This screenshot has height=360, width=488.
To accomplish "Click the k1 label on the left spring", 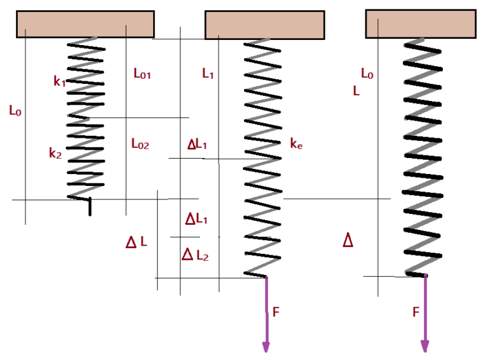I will [x=59, y=81].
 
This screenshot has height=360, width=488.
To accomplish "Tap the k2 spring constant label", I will [x=55, y=152].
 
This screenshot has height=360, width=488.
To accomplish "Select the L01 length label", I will [x=142, y=74].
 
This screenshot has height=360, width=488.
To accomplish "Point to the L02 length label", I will [x=140, y=144].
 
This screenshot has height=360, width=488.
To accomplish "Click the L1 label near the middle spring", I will [x=208, y=74].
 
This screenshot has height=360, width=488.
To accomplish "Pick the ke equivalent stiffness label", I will [x=295, y=144].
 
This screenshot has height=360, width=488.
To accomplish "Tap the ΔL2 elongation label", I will [x=195, y=255].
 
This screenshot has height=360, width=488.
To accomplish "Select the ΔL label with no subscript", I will [x=137, y=242].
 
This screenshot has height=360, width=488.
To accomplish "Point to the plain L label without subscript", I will [x=356, y=91].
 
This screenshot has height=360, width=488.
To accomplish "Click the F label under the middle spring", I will [x=276, y=312].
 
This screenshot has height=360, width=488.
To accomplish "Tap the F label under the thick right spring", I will [x=416, y=312].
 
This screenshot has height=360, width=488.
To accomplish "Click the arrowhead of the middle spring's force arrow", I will [x=266, y=347].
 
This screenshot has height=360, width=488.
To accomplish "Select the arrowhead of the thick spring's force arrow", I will [x=424, y=347].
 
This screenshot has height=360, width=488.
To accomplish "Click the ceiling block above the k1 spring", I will [x=85, y=24].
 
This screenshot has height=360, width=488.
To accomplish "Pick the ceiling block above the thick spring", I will [x=421, y=23].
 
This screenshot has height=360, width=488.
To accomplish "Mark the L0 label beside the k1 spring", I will [x=15, y=110].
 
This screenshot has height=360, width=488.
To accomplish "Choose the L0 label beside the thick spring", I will [x=367, y=74].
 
